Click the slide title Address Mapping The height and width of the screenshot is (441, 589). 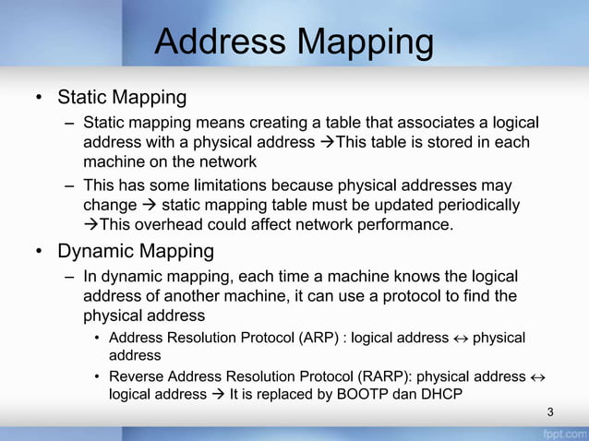294,42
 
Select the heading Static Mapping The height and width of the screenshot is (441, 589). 122,97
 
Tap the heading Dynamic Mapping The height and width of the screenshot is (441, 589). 136,251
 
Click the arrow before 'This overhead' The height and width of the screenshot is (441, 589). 90,224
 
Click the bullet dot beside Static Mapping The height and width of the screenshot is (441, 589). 40,98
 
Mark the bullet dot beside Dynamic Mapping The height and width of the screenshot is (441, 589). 40,252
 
